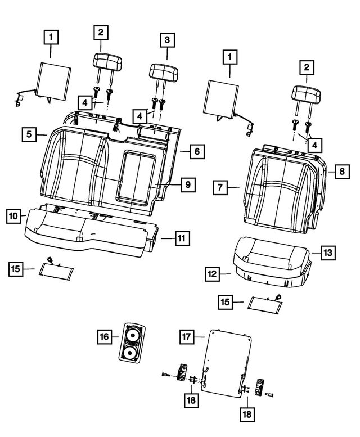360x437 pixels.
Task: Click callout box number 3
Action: (167, 40)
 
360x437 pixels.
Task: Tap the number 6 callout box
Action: (196, 151)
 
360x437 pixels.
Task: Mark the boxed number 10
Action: (15, 215)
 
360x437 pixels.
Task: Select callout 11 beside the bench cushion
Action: (180, 238)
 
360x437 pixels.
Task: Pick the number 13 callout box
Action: (328, 253)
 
